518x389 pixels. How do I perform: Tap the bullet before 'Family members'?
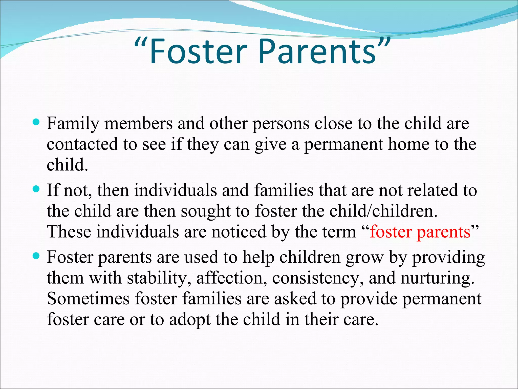[x=36, y=123]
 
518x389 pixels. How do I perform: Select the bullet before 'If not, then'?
[x=36, y=189]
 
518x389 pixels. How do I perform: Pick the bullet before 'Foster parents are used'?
[x=36, y=256]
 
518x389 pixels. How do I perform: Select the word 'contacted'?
[x=82, y=144]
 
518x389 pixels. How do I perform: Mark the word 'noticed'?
[x=239, y=231]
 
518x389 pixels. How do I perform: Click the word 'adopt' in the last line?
[x=190, y=320]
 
